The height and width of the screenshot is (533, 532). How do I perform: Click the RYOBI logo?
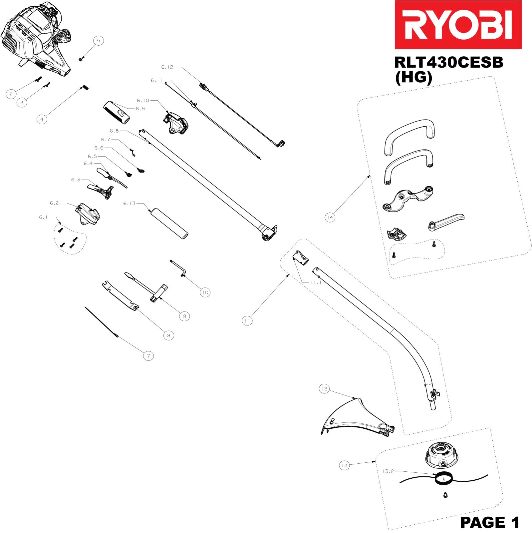click(458, 25)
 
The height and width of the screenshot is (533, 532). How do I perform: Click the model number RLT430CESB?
click(448, 63)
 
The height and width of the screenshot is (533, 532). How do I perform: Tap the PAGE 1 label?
click(489, 522)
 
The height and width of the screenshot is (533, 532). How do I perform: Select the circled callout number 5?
click(98, 41)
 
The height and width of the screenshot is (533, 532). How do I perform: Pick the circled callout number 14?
click(330, 218)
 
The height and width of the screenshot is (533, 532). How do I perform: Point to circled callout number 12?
click(324, 388)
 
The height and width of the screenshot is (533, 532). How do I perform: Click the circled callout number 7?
click(148, 356)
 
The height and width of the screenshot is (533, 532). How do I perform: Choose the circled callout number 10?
click(205, 292)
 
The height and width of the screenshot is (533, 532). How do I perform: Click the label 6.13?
click(130, 203)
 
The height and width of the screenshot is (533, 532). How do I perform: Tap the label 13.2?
click(388, 471)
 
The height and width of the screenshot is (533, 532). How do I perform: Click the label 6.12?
click(167, 67)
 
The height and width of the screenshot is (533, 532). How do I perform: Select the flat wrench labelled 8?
click(120, 295)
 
